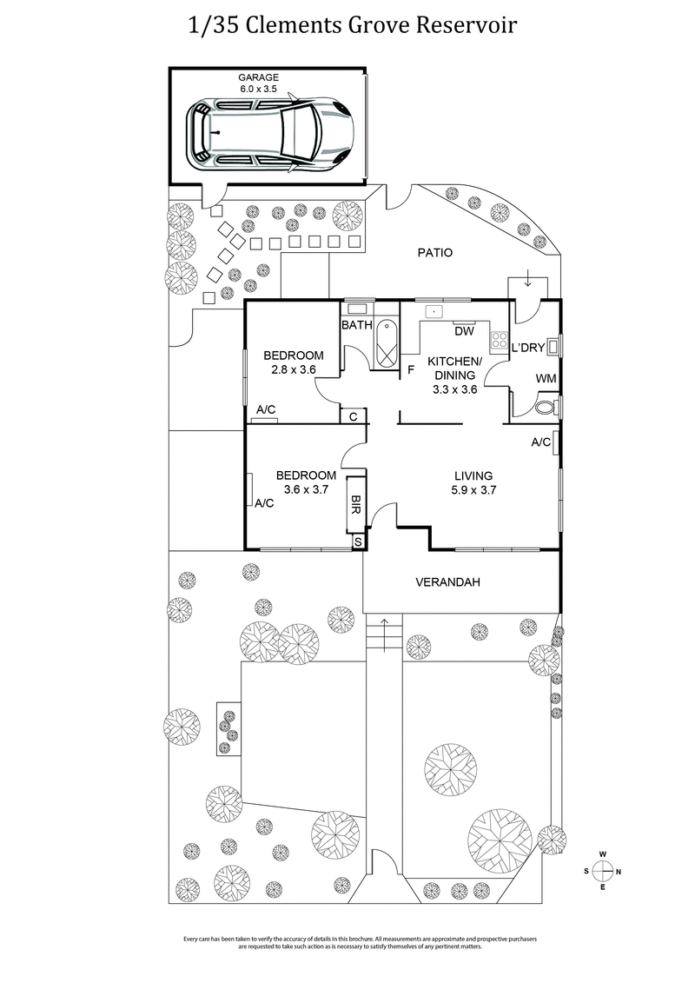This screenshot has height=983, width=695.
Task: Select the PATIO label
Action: point(435,254)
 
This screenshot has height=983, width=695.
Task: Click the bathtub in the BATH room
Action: point(387,345)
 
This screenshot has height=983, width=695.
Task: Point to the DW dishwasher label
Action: point(463,331)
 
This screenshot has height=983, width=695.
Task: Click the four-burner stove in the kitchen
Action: point(500,340)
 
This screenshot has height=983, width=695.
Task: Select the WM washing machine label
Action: point(546,379)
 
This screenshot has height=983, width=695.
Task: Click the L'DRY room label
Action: point(527,348)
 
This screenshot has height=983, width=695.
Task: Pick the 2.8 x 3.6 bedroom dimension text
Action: point(294,369)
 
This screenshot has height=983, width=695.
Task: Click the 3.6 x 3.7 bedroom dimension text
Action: point(306,489)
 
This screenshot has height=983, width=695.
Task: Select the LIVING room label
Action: point(473,475)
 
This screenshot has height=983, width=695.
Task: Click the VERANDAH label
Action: point(447,582)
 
